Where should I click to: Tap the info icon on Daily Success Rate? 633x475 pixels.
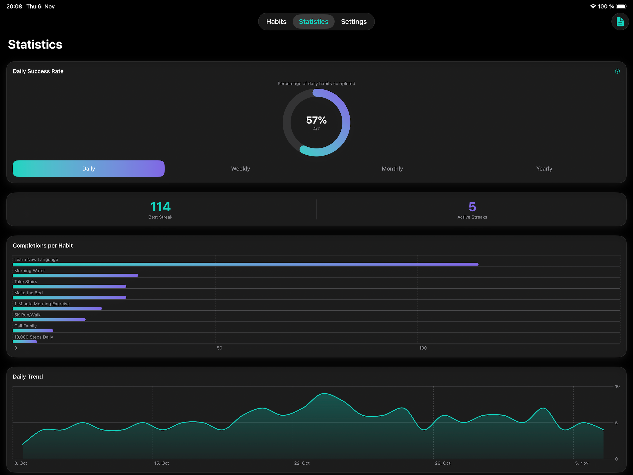(617, 71)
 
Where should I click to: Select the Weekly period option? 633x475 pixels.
(240, 169)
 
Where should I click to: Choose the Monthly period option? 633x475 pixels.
(392, 169)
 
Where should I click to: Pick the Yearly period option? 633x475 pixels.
(544, 169)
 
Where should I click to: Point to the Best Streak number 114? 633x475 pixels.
(160, 207)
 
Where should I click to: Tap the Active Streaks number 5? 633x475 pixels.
(472, 207)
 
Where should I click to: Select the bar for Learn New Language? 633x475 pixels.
(245, 264)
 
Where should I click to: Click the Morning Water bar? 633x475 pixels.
(75, 275)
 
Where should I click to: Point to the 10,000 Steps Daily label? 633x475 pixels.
(34, 337)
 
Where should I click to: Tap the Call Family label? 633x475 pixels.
(26, 326)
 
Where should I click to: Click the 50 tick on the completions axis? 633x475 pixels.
(219, 348)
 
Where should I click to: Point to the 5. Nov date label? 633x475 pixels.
(581, 463)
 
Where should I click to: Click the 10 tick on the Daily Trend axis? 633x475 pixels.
(617, 386)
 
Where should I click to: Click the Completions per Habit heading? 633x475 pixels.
(43, 245)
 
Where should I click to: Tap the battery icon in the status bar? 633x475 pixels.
(621, 6)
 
